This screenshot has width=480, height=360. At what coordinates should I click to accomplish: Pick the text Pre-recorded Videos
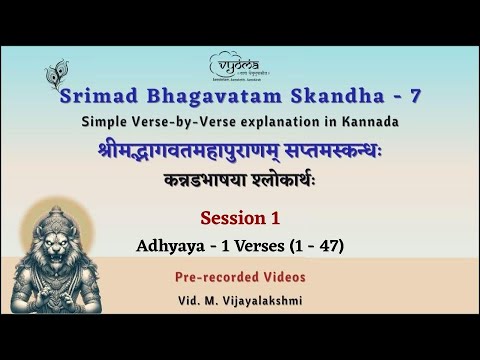click(240, 275)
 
